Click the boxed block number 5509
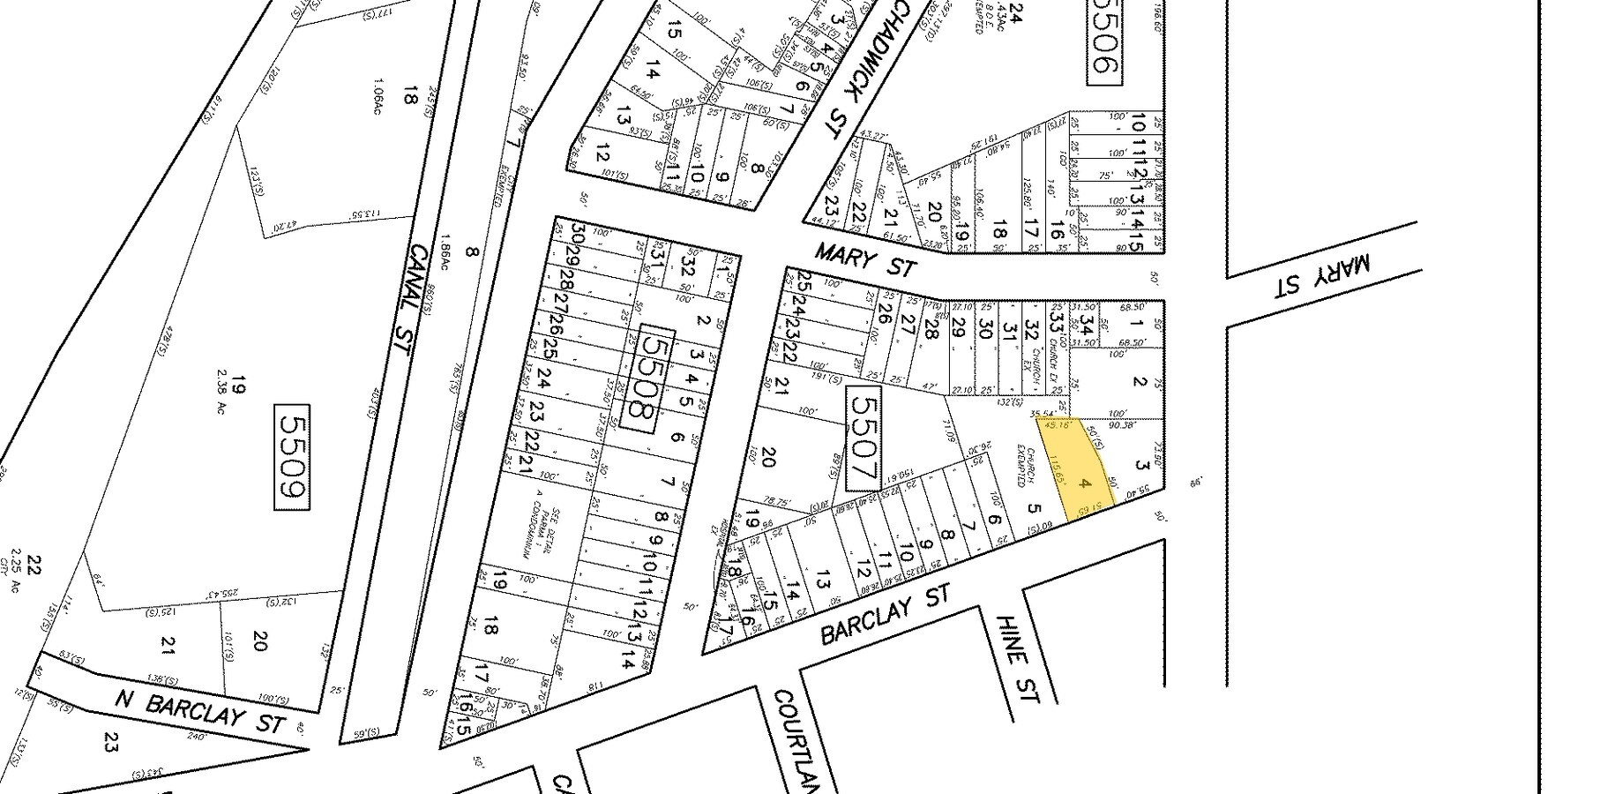[292, 457]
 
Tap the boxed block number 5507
[862, 438]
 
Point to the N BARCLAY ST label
[201, 710]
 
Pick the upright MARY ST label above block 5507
[865, 259]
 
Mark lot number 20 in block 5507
[767, 457]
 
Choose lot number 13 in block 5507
[822, 581]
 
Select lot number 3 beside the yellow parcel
[1141, 465]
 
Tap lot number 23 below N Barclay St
[111, 741]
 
